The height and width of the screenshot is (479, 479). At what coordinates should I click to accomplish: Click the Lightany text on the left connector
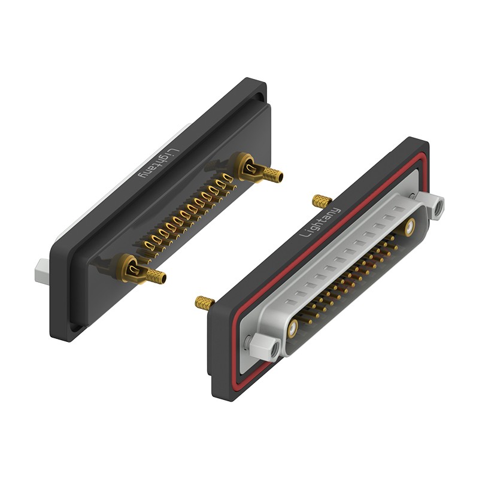(x=158, y=163)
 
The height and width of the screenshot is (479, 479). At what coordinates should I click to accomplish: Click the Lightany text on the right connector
(x=320, y=222)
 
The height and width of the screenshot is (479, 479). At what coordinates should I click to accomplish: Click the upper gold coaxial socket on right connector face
(x=410, y=228)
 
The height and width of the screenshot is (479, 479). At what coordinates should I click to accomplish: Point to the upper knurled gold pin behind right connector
(x=322, y=201)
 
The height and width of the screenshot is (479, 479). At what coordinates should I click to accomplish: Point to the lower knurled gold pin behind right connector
(x=205, y=302)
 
